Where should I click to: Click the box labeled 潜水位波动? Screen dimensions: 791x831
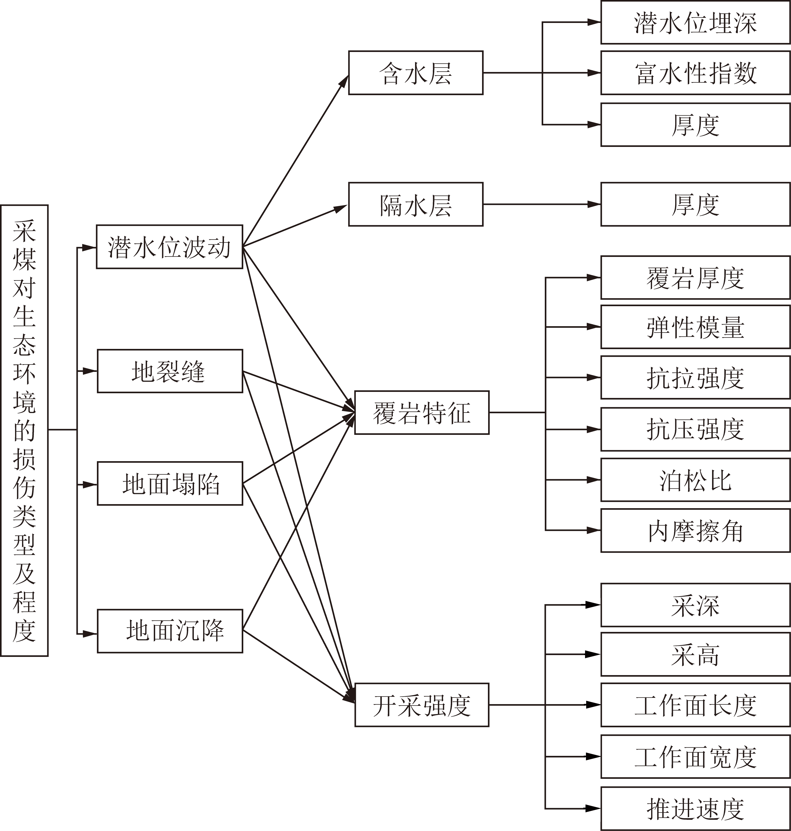pos(170,247)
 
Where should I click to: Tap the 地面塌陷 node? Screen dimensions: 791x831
pos(170,483)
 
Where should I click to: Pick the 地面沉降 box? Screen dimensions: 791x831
pos(170,631)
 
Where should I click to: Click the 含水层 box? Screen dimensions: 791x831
pos(416,73)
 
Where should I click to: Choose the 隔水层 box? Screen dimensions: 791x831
pos(416,204)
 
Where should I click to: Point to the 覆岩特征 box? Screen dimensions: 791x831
pos(422,413)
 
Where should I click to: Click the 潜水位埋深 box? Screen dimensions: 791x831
pos(695,22)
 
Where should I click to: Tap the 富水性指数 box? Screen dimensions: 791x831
pos(695,73)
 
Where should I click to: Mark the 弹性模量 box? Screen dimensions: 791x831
pos(695,327)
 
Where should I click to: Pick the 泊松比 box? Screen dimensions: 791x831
pos(695,480)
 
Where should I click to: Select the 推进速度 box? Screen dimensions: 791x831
pos(695,809)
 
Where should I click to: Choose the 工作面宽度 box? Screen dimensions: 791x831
pos(695,757)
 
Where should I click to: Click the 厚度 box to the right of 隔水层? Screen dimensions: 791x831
pos(695,204)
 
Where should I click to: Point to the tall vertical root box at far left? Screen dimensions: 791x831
pos(25,430)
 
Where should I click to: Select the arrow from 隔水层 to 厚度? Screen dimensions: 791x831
pos(542,204)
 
